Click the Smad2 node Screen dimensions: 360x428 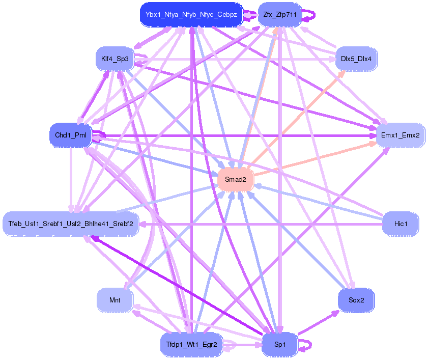(x=235, y=180)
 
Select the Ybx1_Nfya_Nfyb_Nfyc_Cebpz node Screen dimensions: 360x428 (x=191, y=15)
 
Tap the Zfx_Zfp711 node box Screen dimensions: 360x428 (x=280, y=15)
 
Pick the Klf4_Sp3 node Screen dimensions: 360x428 (x=115, y=59)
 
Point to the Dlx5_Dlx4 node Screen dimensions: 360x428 (x=356, y=59)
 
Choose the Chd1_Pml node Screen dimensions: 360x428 (x=70, y=135)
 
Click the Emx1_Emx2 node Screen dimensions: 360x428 (x=401, y=135)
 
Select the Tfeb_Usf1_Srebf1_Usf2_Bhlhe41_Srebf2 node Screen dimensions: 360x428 (x=71, y=224)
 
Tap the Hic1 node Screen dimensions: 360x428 (x=401, y=224)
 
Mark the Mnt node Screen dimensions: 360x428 (x=115, y=300)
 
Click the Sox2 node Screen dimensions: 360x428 (x=356, y=300)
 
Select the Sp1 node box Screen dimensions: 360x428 (x=280, y=345)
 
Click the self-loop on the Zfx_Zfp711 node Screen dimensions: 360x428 (x=310, y=15)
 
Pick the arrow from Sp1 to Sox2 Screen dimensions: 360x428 (x=318, y=322)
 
